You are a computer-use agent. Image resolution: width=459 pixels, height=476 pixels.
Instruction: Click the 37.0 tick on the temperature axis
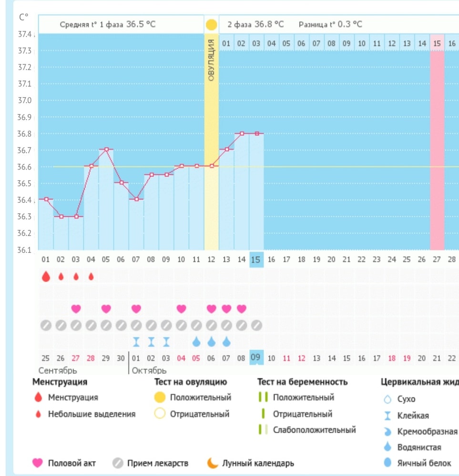[x=24, y=100]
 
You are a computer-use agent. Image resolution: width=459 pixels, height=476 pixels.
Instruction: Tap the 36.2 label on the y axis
[x=24, y=233]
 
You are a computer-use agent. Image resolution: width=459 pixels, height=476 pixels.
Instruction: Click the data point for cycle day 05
[x=106, y=149]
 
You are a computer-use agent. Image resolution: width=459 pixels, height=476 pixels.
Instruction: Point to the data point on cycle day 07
[x=136, y=199]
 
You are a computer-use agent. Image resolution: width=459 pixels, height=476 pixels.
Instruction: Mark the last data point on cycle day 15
[x=257, y=134]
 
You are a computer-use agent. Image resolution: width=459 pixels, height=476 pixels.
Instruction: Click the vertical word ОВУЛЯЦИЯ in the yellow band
[x=211, y=59]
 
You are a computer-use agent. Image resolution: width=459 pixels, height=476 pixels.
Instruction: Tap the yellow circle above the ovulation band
[x=211, y=25]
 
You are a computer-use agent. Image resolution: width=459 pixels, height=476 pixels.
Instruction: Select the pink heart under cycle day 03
[x=76, y=309]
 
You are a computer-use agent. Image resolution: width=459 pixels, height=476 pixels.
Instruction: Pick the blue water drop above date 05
[x=196, y=341]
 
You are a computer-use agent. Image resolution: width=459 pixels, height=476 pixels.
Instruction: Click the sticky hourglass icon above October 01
[x=136, y=341]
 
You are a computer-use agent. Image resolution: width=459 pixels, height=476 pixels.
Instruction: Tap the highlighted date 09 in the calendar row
[x=255, y=358]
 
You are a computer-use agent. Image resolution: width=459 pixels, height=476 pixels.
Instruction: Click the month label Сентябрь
[x=58, y=370]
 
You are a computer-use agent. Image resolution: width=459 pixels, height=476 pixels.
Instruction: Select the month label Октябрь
[x=149, y=370]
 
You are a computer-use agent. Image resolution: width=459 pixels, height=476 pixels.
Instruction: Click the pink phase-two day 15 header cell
[x=437, y=43]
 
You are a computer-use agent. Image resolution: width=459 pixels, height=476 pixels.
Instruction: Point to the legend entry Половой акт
[x=71, y=463]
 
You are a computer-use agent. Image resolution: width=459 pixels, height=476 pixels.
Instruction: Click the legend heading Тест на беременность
[x=302, y=382]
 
